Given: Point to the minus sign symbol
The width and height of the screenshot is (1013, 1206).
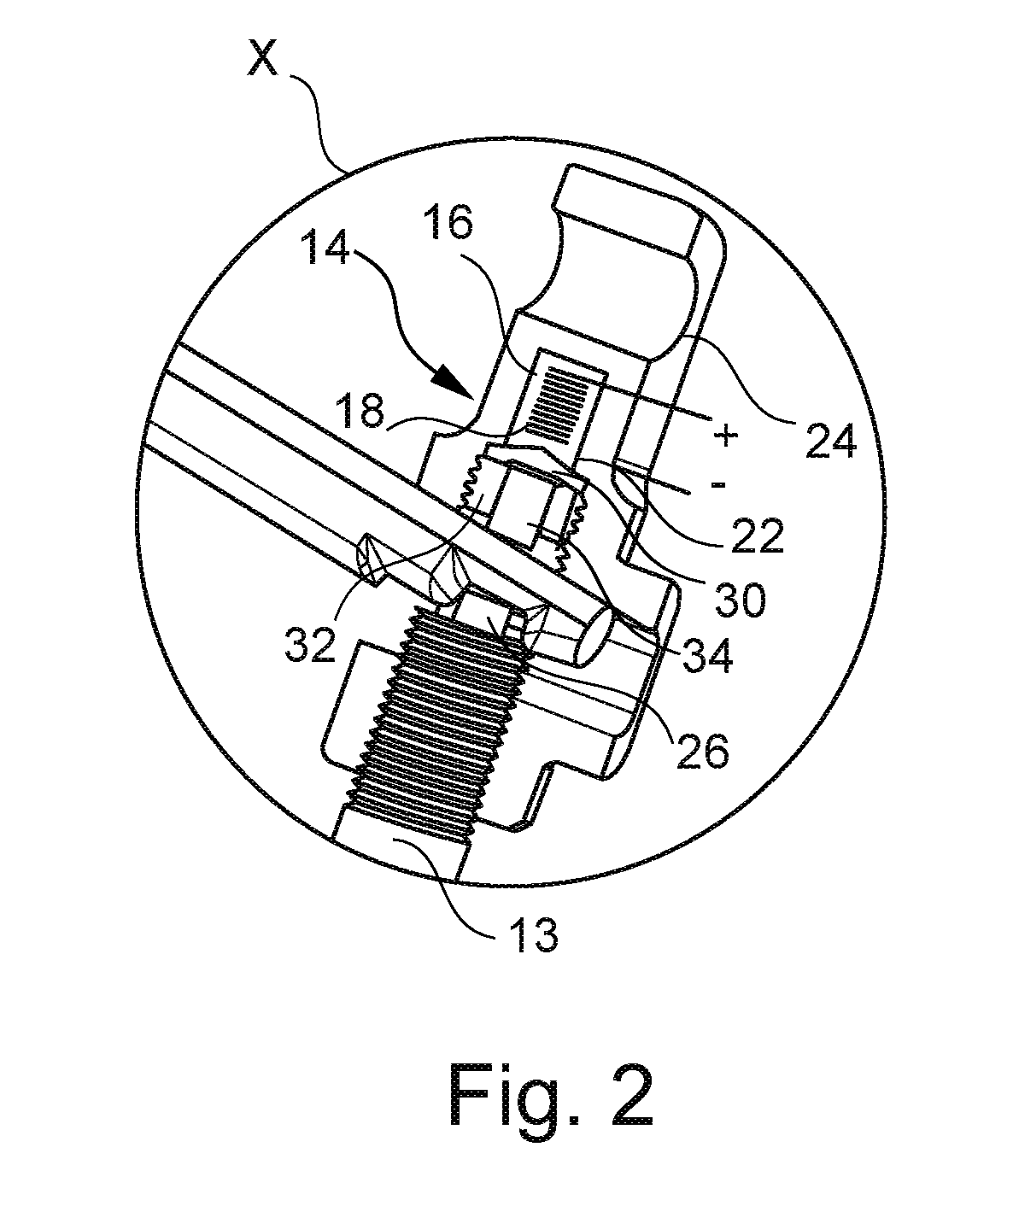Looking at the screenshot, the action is click(717, 484).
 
